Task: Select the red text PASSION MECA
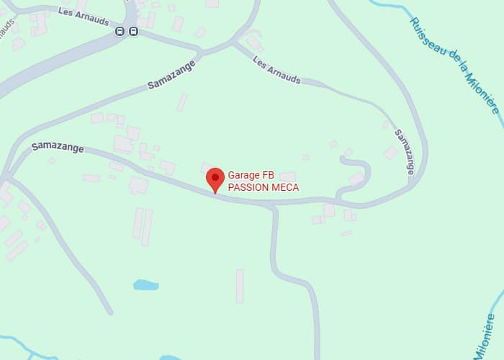click(263, 187)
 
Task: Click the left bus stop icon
click(120, 32)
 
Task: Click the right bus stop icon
click(133, 32)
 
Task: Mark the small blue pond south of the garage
click(145, 285)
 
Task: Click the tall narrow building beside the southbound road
click(240, 285)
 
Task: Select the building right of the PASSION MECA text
click(288, 176)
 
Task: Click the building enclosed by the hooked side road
click(356, 178)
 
